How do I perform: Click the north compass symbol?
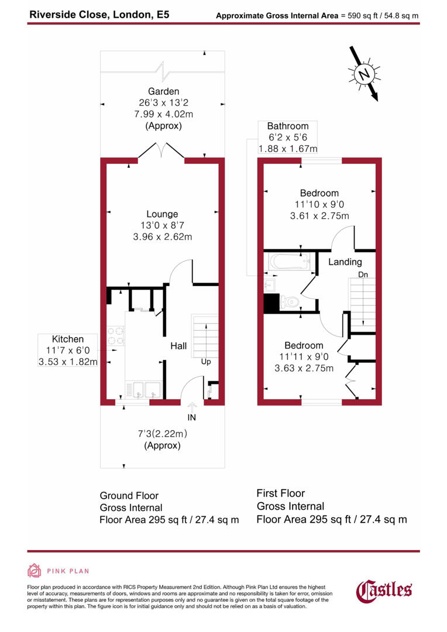365,75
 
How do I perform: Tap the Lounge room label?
162,214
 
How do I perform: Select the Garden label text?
163,91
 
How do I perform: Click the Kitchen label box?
68,351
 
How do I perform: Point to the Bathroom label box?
288,138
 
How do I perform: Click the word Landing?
345,262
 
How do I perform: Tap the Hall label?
178,346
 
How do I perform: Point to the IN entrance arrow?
192,406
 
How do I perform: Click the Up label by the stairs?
205,362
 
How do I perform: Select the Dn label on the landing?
363,274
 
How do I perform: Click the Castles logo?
384,590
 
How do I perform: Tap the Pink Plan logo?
59,571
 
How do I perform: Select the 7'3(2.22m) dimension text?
162,434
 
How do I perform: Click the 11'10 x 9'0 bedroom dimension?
319,204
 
